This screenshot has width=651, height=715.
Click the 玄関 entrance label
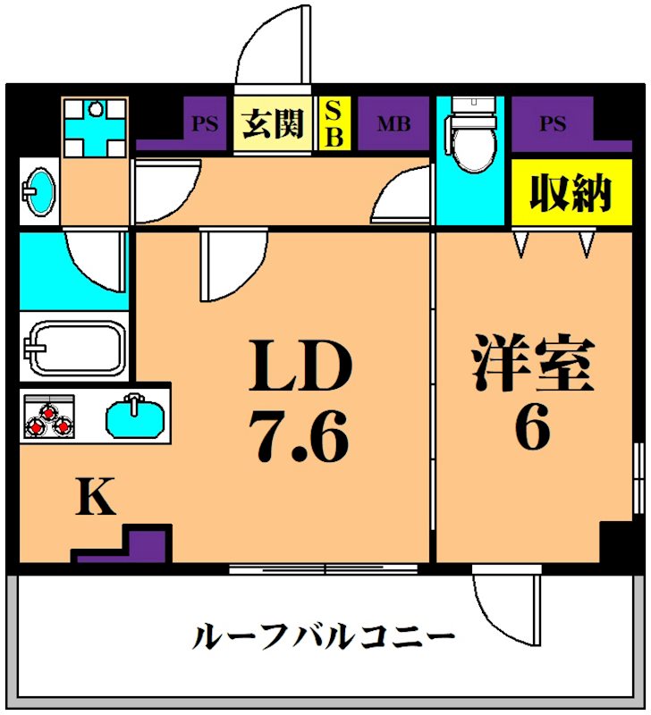click(x=274, y=124)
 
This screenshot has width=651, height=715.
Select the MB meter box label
click(x=393, y=124)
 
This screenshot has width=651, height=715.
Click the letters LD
click(x=301, y=367)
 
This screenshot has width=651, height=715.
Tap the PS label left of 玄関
click(x=205, y=124)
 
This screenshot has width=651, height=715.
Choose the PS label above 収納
click(x=552, y=124)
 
